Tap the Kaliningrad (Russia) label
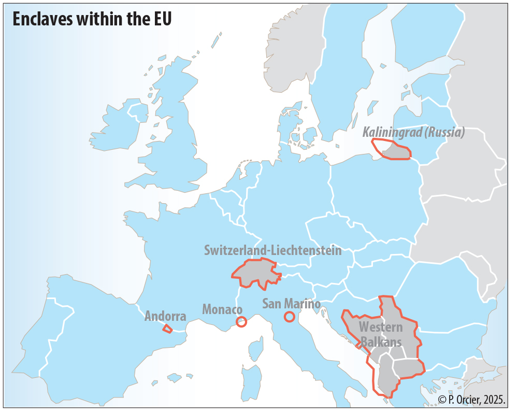pos(413,132)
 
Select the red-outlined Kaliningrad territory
pos(396,151)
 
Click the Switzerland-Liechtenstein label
pos(273,250)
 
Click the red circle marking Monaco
pos(241,322)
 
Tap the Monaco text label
pos(222,310)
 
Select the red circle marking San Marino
pos(290,316)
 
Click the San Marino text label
pos(291,304)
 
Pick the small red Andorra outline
pos(167,328)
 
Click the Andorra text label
pos(165,316)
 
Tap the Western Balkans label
pos(381,335)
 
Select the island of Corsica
pos(255,350)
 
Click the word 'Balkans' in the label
pos(381,342)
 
